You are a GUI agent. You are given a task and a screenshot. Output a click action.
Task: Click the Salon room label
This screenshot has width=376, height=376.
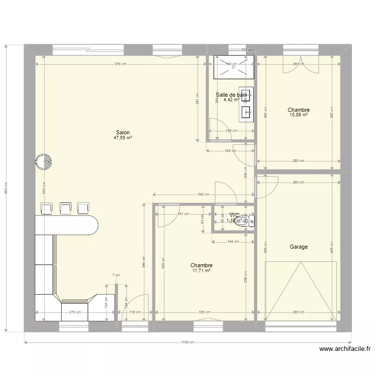point(123,133)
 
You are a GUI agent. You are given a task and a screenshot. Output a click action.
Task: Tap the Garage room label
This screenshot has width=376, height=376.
point(298,247)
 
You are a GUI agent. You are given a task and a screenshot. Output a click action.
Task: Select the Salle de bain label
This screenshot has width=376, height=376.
point(231,94)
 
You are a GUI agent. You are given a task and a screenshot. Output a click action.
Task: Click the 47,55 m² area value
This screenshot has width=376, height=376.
point(123,138)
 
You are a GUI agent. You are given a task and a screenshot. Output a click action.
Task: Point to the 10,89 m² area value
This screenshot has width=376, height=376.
point(298,115)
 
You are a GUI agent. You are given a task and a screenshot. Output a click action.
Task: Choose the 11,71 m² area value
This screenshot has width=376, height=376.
point(201,271)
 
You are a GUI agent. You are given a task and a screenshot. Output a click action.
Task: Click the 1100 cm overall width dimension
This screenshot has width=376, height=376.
point(187,343)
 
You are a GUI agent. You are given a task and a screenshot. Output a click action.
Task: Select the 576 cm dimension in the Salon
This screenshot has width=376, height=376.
point(120,64)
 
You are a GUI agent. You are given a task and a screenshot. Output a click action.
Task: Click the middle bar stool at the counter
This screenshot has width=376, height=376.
point(65,208)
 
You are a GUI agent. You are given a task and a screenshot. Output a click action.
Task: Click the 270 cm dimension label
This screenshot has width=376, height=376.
point(75,312)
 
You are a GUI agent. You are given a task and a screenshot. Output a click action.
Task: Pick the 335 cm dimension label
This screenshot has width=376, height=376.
point(204,312)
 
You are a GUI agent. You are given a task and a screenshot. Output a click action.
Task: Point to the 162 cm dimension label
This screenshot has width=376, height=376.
point(231,150)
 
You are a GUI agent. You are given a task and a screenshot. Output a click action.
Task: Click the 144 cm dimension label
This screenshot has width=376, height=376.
point(233,242)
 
